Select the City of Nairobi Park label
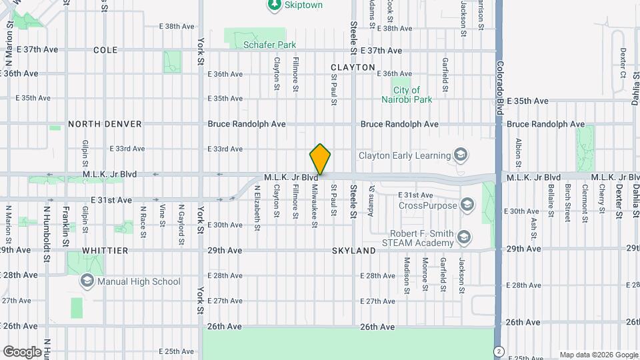407,95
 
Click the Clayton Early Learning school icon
460,155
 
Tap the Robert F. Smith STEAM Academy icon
464,237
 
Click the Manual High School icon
87,281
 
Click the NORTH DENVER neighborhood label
105,124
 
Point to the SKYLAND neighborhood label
354,250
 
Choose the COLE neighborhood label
105,50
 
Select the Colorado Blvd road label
499,87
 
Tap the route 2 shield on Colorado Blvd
498,351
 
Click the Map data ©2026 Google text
598,355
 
